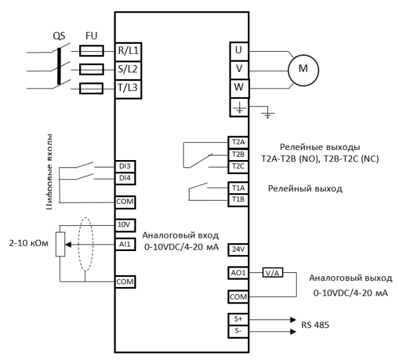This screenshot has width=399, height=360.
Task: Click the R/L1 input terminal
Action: [x=128, y=50]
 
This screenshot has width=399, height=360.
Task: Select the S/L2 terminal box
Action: [x=128, y=69]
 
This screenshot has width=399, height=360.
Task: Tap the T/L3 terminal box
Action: [x=128, y=88]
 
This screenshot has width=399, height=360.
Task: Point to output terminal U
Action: [x=239, y=50]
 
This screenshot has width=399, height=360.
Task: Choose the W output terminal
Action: [x=239, y=87]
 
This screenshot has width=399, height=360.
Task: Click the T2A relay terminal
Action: [x=237, y=143]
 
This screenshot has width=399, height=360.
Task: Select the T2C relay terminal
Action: [x=237, y=165]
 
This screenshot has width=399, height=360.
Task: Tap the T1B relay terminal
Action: [x=237, y=199]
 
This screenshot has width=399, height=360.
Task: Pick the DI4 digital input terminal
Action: [x=125, y=178]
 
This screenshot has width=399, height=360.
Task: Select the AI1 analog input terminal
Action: [x=124, y=244]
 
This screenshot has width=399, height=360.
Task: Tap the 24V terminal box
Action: [x=237, y=250]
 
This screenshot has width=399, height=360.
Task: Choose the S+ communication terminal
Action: [x=237, y=319]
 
